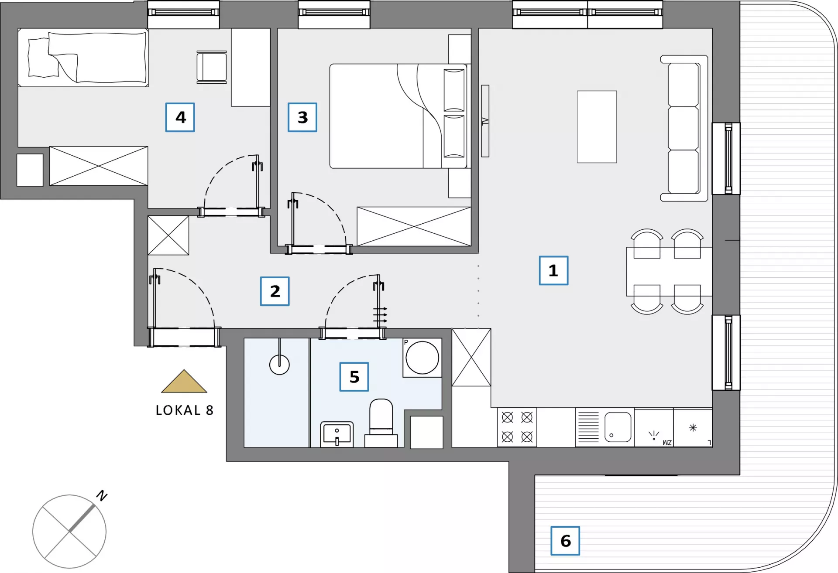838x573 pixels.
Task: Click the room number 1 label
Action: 553,270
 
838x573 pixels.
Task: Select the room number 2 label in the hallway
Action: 275,291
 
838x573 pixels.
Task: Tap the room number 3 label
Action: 302,117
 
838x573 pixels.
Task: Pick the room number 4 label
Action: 180,117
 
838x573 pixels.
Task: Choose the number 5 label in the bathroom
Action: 354,377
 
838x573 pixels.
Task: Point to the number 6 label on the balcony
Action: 565,541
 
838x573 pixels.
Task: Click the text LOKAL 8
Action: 185,410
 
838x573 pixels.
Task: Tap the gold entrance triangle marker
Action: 184,382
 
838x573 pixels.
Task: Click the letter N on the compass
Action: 102,495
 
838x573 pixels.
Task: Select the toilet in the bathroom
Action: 381,423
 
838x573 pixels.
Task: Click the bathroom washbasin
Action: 337,434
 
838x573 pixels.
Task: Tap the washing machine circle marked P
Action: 422,358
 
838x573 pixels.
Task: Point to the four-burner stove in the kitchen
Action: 517,427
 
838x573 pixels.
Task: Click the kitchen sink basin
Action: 618,427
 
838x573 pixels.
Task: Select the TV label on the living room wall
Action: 485,121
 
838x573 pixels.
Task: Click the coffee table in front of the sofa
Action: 597,127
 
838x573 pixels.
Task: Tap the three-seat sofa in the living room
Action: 684,128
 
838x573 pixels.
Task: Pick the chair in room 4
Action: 212,67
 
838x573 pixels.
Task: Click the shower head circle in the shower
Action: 279,365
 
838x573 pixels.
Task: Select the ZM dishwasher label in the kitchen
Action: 667,443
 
